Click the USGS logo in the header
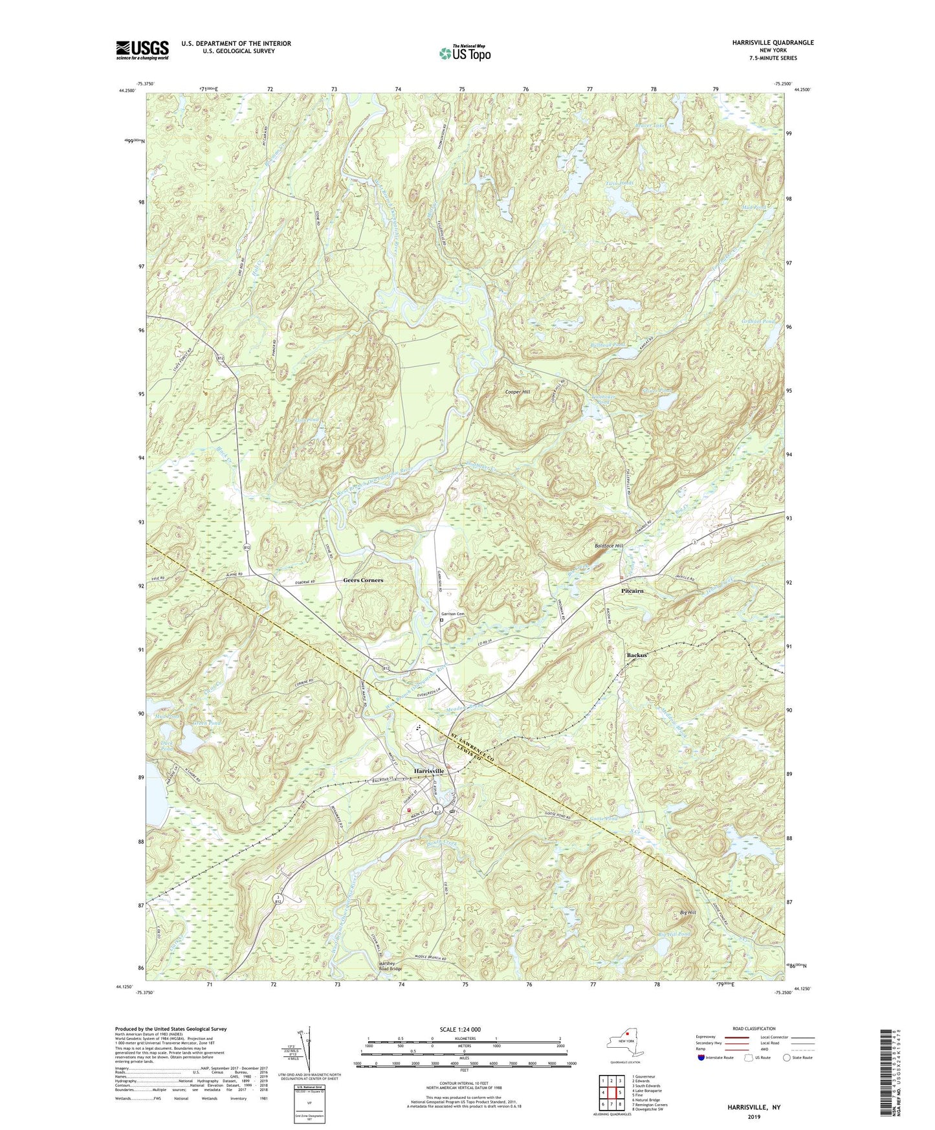[142, 50]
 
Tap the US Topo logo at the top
[464, 53]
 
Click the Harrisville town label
[429, 771]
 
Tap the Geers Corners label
[362, 580]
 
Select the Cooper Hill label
[518, 392]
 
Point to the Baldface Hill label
[608, 546]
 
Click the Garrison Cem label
[453, 614]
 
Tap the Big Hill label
[688, 913]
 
